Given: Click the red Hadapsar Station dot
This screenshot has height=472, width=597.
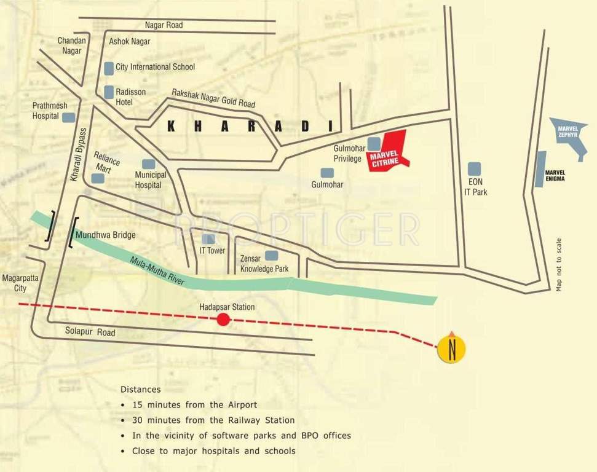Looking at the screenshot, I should (x=223, y=319).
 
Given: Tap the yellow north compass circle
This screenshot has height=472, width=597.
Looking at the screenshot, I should (x=452, y=348).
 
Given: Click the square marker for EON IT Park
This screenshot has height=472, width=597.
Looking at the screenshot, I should (x=474, y=168).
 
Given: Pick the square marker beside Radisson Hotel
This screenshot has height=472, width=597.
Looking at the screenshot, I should (x=109, y=92).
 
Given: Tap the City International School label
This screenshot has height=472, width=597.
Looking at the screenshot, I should (x=155, y=66).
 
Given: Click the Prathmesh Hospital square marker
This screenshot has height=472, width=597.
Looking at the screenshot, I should (x=69, y=117).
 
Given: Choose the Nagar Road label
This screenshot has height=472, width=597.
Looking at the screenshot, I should (x=164, y=25).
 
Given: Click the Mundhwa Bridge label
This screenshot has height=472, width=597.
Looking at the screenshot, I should (x=105, y=235).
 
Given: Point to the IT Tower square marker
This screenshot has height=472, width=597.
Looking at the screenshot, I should (x=209, y=238).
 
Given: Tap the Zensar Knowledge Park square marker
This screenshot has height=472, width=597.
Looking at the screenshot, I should (x=271, y=255).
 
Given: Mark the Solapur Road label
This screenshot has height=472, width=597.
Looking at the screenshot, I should (x=90, y=332).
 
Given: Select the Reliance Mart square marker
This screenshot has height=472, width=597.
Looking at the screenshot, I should (x=98, y=178).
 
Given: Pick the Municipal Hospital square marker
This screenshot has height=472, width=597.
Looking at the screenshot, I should (x=148, y=164).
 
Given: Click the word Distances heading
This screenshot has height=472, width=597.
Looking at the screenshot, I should (x=140, y=390).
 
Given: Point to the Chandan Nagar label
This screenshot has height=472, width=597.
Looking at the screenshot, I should (x=71, y=45).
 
